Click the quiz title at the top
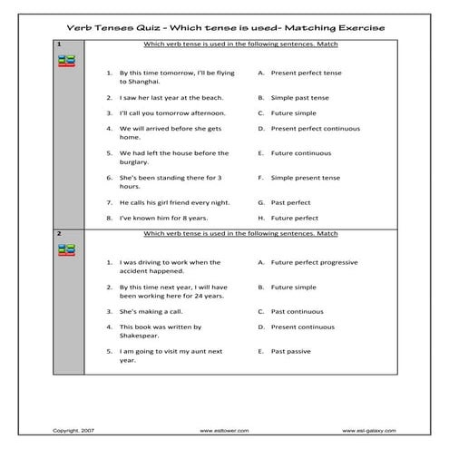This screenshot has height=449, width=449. pyautogui.click(x=224, y=28)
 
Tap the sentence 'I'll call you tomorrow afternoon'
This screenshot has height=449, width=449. pyautogui.click(x=172, y=113)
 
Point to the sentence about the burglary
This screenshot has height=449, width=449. pyautogui.click(x=173, y=158)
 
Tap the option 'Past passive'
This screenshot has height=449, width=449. pyautogui.click(x=291, y=350)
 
